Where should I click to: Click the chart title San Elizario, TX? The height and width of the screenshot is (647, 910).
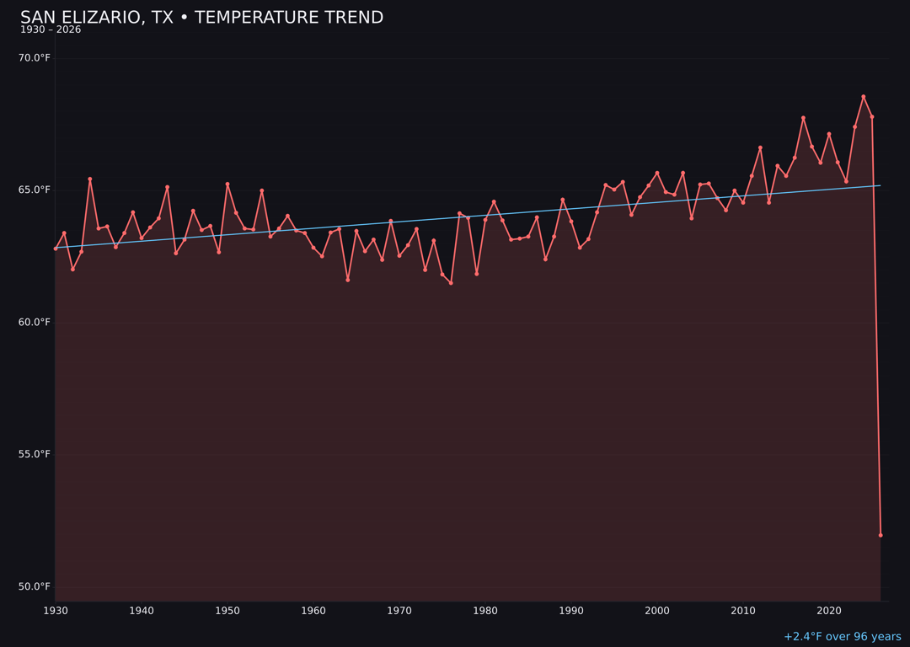pos(201,18)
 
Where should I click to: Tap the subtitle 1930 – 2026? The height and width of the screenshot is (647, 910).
pos(51,30)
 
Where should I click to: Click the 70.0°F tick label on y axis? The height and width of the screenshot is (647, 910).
pos(35,58)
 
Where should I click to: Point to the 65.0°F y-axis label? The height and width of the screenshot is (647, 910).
pos(35,190)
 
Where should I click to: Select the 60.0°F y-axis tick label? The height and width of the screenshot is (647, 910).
pos(35,322)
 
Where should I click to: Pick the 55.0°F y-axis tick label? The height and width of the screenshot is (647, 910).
pos(35,454)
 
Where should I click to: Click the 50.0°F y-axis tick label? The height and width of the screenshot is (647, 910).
pos(35,586)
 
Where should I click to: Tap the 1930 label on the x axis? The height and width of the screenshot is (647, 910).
pos(56,611)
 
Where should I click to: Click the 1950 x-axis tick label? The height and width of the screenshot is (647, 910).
pos(227,611)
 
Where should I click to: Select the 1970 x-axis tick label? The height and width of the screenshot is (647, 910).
pos(399,611)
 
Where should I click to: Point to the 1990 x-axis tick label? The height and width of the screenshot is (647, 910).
pos(571,611)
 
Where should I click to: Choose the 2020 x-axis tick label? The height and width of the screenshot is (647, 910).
pos(829,611)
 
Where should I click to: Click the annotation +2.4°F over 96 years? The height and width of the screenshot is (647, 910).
pos(842,637)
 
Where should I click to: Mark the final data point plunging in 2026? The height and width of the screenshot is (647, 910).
pos(881,535)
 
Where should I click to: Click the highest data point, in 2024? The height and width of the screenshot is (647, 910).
pos(864,97)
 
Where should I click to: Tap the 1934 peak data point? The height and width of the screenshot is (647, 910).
pos(90,179)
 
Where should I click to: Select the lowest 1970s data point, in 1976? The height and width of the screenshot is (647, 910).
pos(451,283)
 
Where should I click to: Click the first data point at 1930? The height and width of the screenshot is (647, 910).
pos(56,249)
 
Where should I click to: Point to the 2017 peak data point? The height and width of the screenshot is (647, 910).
pos(803,118)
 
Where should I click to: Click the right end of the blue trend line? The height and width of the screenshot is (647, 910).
pos(881,185)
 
